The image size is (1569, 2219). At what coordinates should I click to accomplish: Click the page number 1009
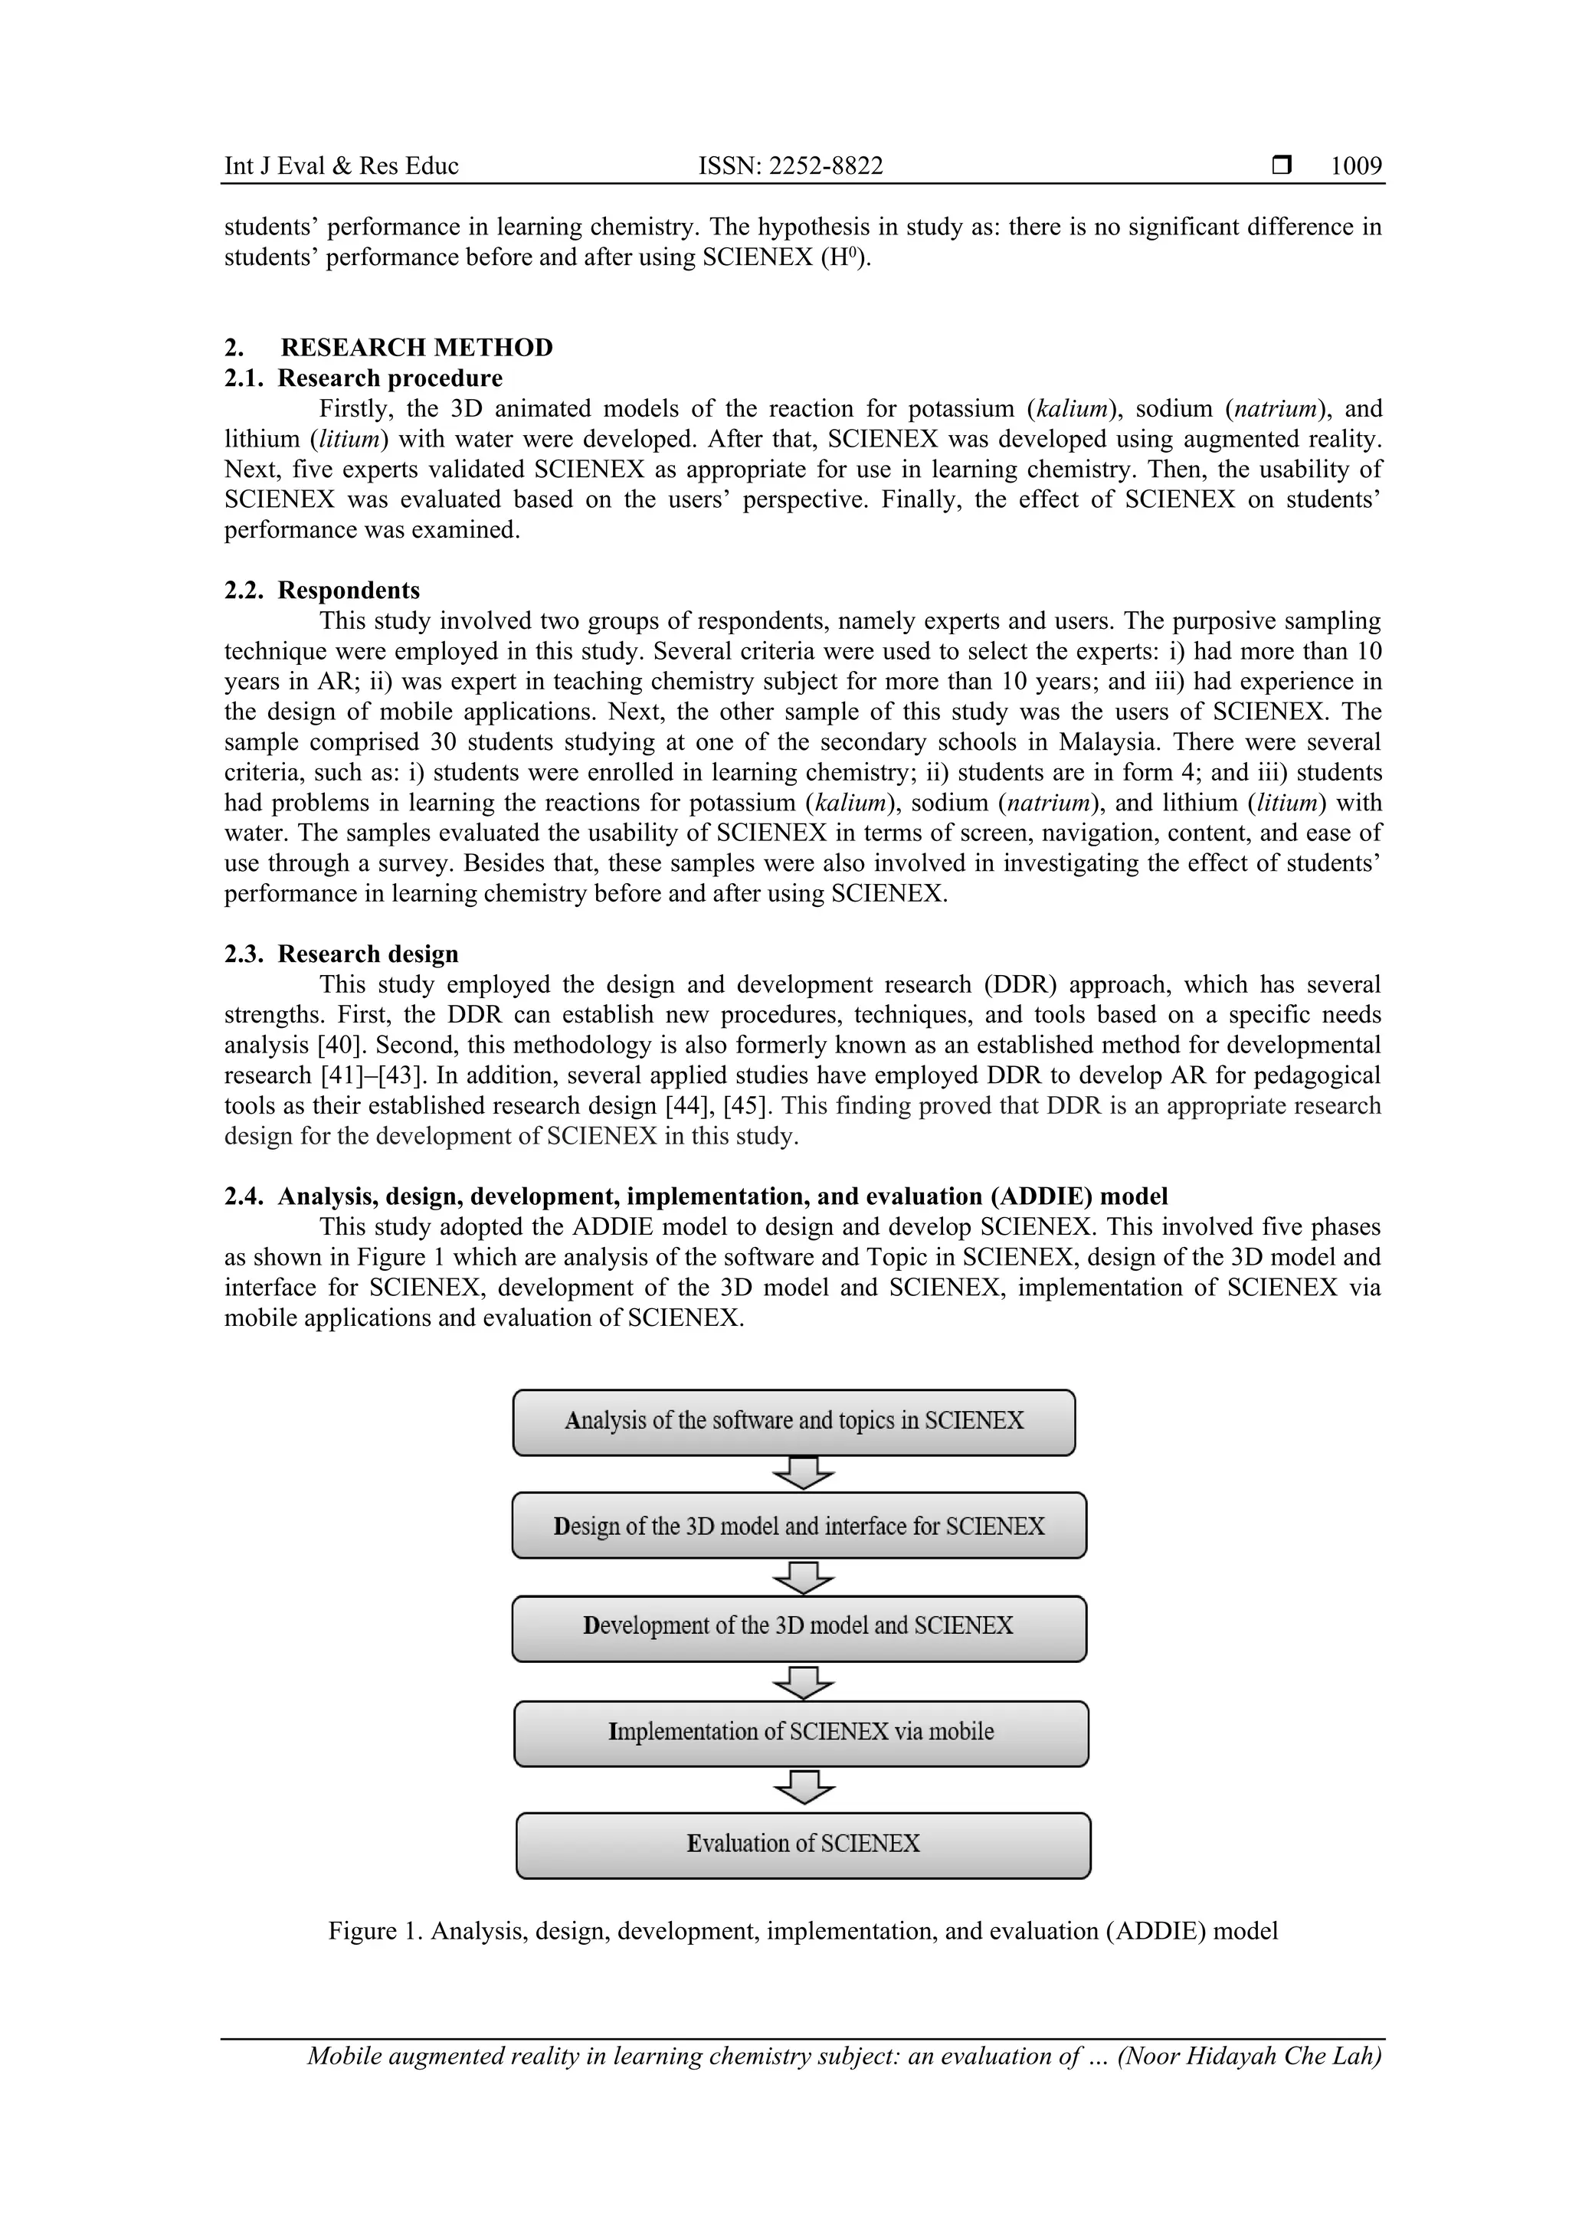(x=1355, y=166)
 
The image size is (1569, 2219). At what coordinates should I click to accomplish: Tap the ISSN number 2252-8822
(x=790, y=166)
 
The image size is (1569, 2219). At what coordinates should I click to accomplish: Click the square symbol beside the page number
(x=1282, y=165)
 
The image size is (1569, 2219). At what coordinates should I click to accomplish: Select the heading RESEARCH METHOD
(x=417, y=347)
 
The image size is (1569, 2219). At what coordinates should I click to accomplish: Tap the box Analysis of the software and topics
(x=794, y=1422)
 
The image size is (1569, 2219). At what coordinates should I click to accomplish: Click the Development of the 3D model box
(x=798, y=1628)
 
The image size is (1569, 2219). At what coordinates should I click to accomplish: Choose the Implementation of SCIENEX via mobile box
(x=801, y=1734)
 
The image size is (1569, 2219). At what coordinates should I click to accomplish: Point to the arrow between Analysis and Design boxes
(x=802, y=1474)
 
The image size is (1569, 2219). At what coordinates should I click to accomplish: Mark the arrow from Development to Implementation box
(x=802, y=1683)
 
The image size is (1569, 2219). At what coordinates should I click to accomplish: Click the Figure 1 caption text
(x=802, y=1931)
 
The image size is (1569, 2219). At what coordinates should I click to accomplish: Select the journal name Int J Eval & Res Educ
(x=341, y=166)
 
